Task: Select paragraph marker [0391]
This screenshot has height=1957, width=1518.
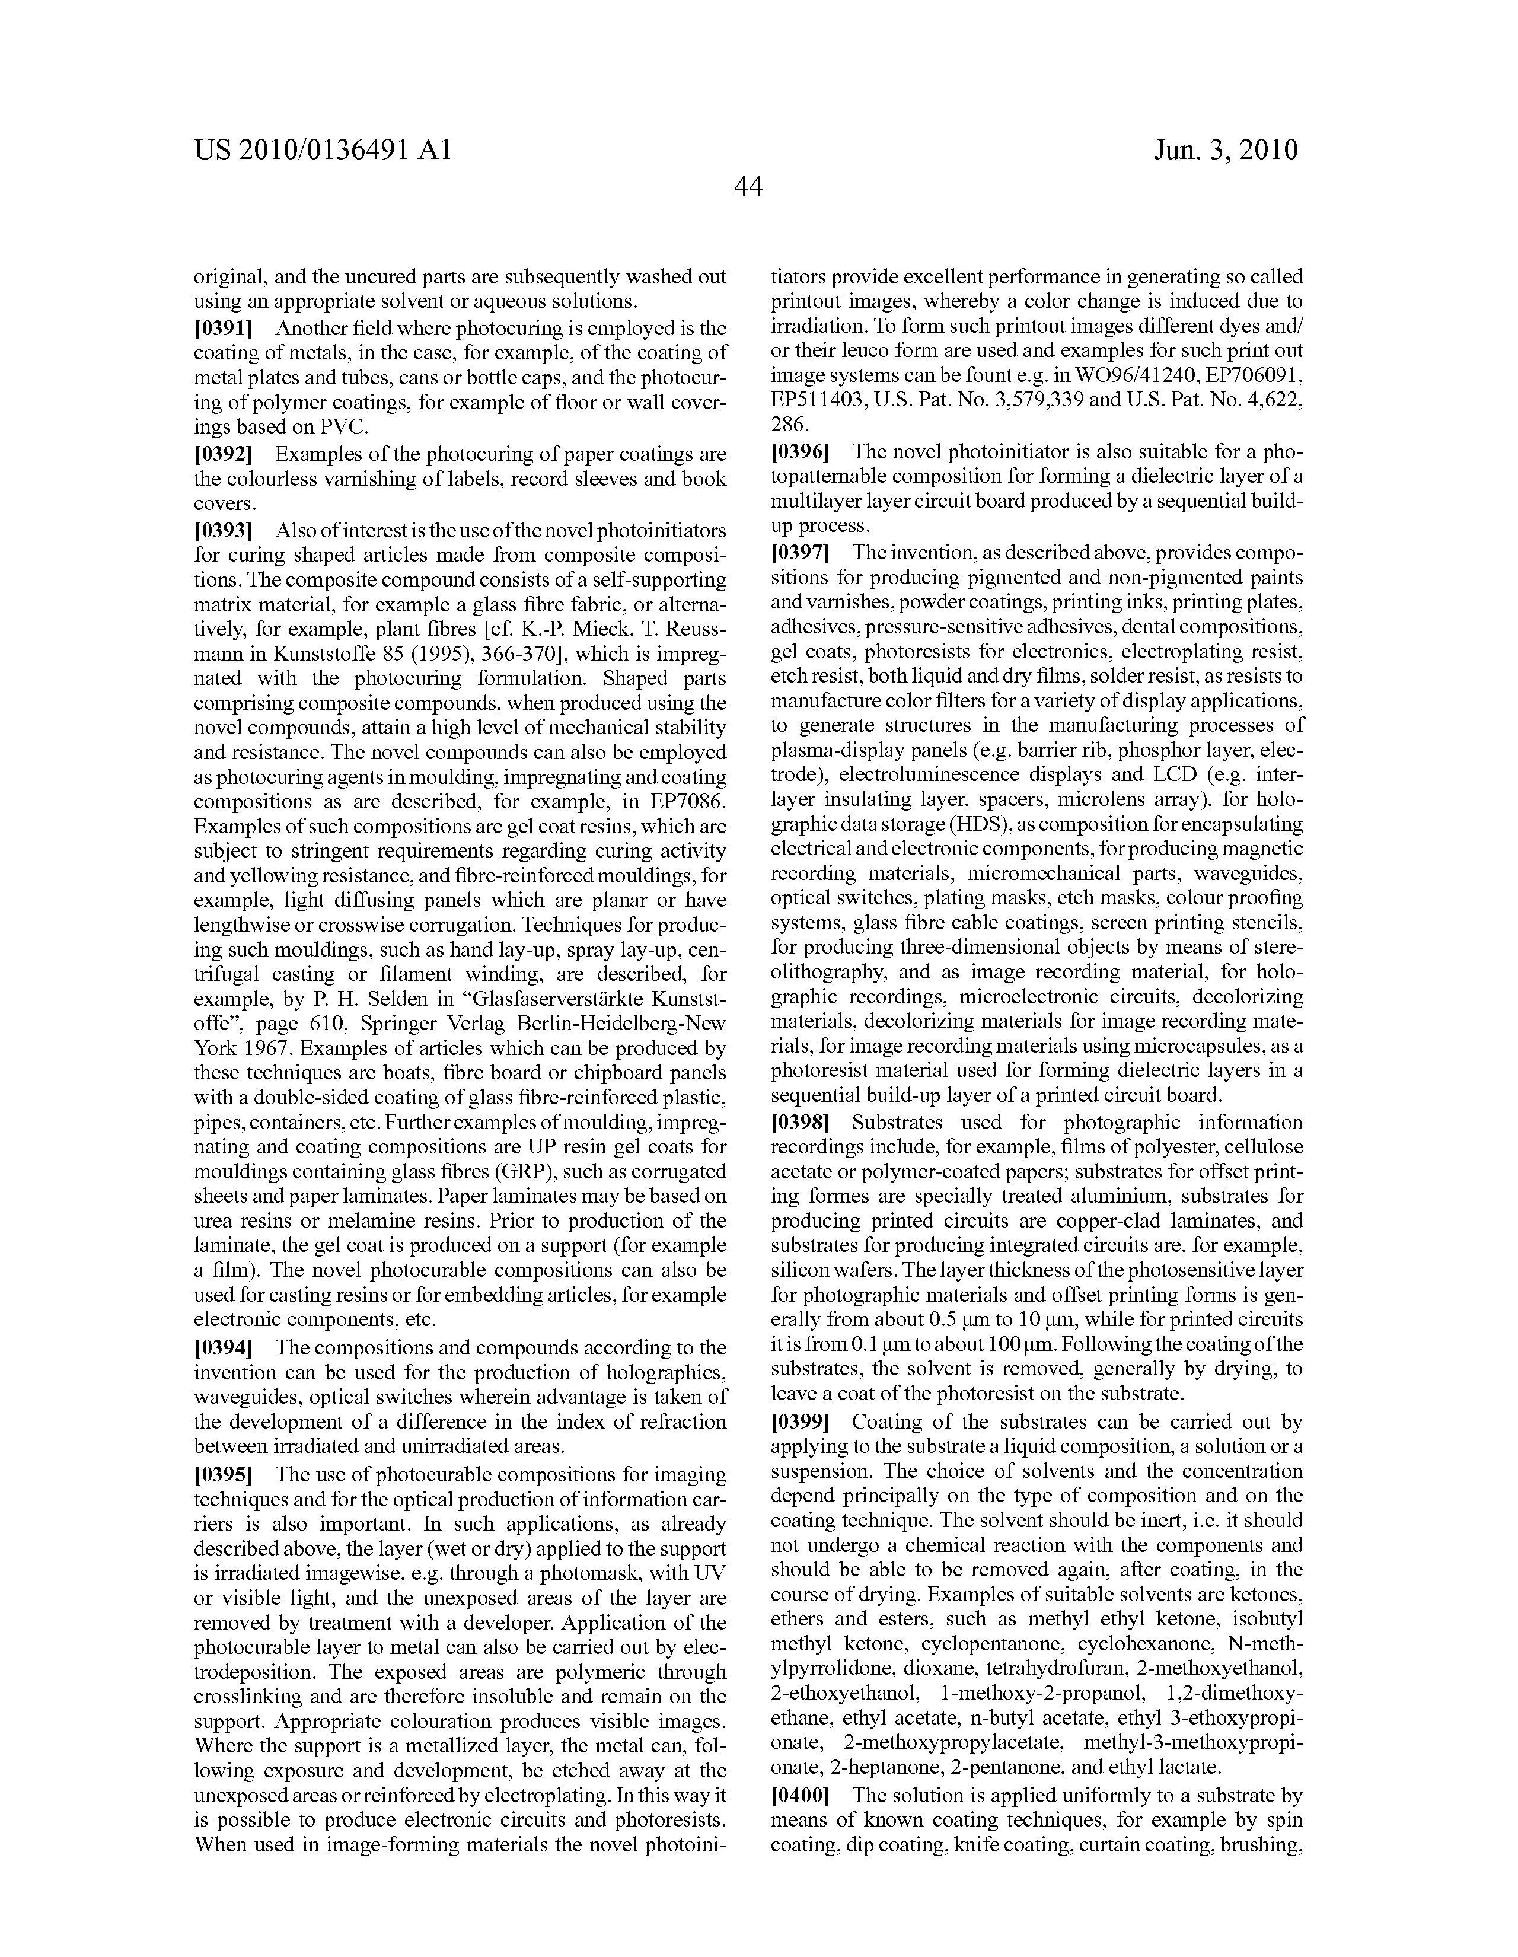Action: click(x=223, y=329)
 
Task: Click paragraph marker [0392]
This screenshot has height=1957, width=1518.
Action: click(x=223, y=454)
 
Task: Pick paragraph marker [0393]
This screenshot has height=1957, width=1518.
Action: click(x=223, y=531)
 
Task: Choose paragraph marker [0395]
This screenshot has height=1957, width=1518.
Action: click(x=223, y=1474)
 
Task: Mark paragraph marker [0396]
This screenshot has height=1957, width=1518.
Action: click(x=801, y=451)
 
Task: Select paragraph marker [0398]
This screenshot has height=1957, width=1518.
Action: click(x=801, y=1123)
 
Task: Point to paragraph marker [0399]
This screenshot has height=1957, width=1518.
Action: click(x=801, y=1422)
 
